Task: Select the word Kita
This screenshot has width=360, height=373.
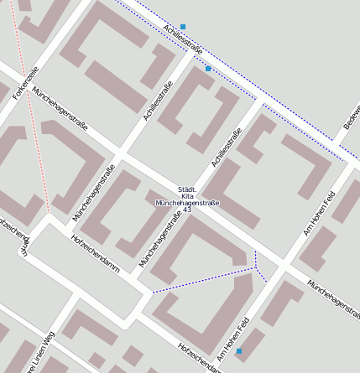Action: pos(187,196)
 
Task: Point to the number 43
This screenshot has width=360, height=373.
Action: pos(187,210)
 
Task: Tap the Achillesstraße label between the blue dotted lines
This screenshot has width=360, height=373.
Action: pos(184,40)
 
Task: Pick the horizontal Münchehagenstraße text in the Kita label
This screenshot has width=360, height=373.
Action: pos(187,203)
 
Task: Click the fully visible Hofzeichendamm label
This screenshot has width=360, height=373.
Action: pos(96,254)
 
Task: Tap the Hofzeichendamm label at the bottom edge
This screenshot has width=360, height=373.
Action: pos(199,358)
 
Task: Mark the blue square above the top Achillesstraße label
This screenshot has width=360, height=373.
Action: pos(183,27)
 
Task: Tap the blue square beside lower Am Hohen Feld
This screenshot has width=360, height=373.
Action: pos(239,351)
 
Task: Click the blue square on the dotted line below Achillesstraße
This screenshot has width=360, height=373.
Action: pos(208,69)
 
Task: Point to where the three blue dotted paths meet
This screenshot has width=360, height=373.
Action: pos(256,268)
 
